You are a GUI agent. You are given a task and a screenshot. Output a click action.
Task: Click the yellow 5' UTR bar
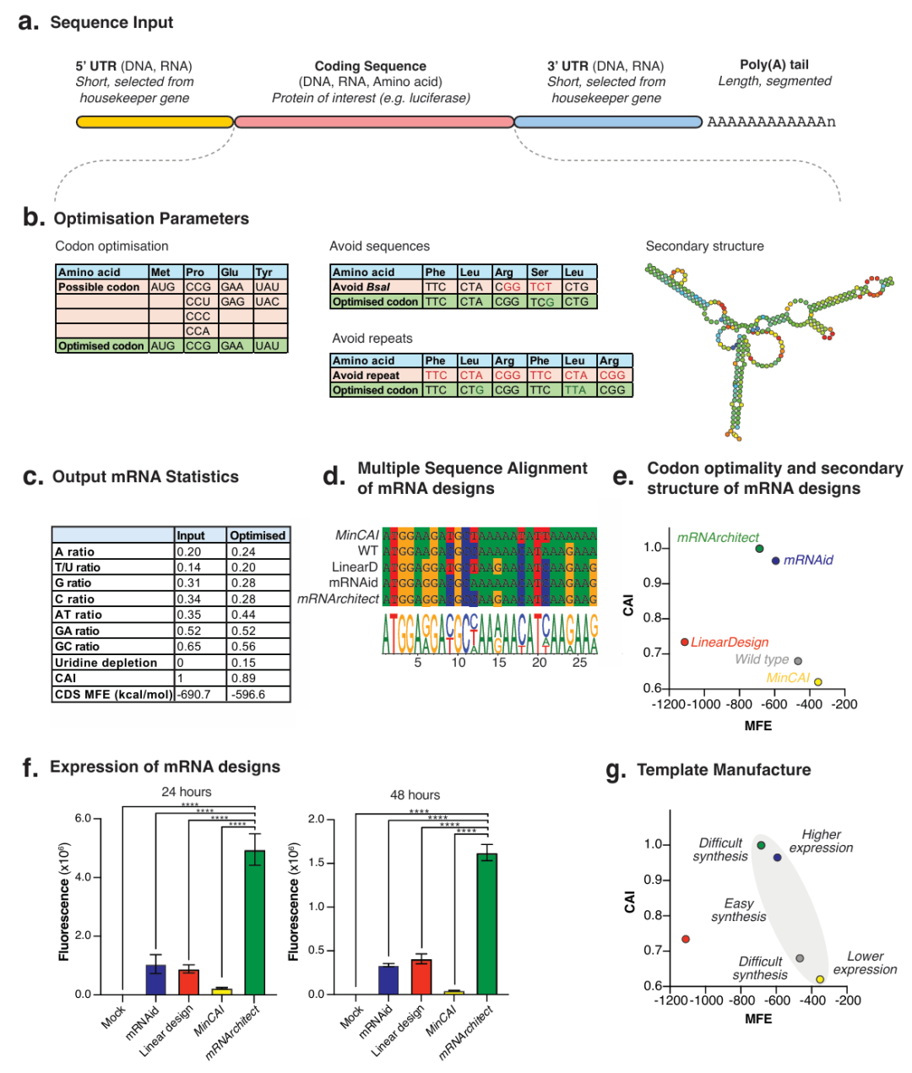point(155,122)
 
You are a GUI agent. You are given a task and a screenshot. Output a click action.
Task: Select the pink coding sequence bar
point(374,122)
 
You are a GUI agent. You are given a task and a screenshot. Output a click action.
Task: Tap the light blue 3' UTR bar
point(608,122)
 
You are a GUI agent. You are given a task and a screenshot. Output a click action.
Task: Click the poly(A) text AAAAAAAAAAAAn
point(771,122)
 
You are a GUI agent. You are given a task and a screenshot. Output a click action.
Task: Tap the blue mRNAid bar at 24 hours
point(156,979)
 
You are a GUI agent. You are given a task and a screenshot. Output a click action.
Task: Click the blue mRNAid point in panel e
point(776,561)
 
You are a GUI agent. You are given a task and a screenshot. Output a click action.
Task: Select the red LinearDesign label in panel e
point(730,642)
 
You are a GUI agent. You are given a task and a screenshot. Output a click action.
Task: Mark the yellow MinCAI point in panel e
point(817,682)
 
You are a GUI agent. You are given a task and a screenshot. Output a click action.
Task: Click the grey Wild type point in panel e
point(798,661)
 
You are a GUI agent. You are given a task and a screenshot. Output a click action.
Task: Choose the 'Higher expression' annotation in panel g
point(821,841)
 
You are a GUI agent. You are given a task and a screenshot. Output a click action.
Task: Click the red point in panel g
point(686,939)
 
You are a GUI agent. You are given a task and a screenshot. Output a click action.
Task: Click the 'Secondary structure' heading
point(704,246)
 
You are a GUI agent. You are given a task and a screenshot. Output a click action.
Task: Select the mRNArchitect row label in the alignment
point(338,599)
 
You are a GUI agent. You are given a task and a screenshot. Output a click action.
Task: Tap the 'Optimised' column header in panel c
point(258,535)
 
